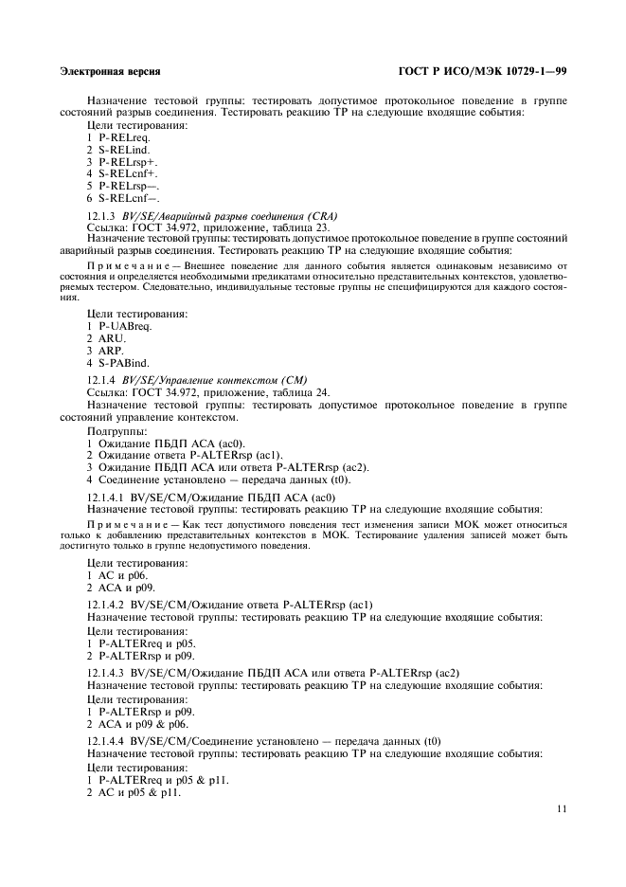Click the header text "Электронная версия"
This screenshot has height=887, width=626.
pos(110,71)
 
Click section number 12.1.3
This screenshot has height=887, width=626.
pos(102,216)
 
